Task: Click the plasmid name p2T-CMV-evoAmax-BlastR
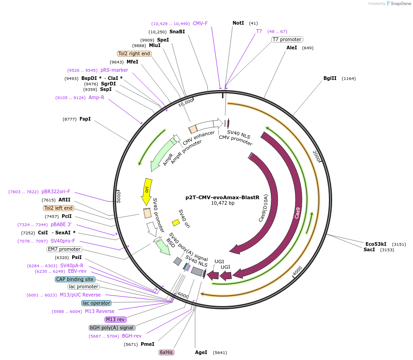(x=222, y=198)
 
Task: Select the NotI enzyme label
(x=238, y=23)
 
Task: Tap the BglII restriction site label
(x=330, y=78)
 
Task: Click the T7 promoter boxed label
(x=287, y=40)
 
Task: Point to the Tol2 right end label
(x=134, y=53)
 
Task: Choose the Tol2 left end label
(x=58, y=208)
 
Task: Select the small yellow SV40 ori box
(x=175, y=222)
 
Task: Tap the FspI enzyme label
(x=85, y=119)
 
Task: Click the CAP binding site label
(x=75, y=279)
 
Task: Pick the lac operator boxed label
(x=96, y=303)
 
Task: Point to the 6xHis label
(x=166, y=352)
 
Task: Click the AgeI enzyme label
(x=201, y=352)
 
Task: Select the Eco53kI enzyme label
(x=376, y=244)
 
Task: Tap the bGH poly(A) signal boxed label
(x=111, y=328)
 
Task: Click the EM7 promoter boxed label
(x=64, y=249)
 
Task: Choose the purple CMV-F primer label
(x=200, y=23)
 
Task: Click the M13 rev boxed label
(x=116, y=319)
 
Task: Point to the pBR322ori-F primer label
(x=56, y=192)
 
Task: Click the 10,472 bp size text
(x=222, y=203)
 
